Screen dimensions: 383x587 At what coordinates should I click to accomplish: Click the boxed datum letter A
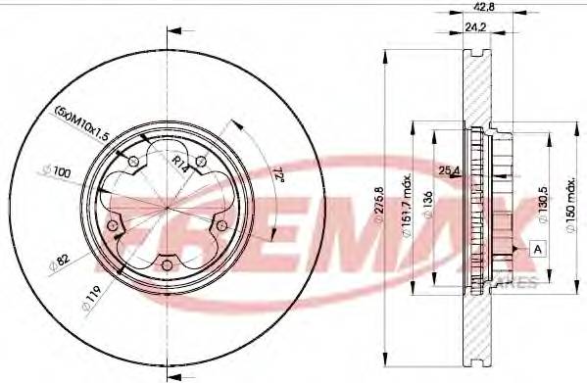coord(537,248)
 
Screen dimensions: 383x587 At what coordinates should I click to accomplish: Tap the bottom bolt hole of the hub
coord(167,263)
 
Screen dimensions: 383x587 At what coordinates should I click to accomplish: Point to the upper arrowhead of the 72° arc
coord(234,124)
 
